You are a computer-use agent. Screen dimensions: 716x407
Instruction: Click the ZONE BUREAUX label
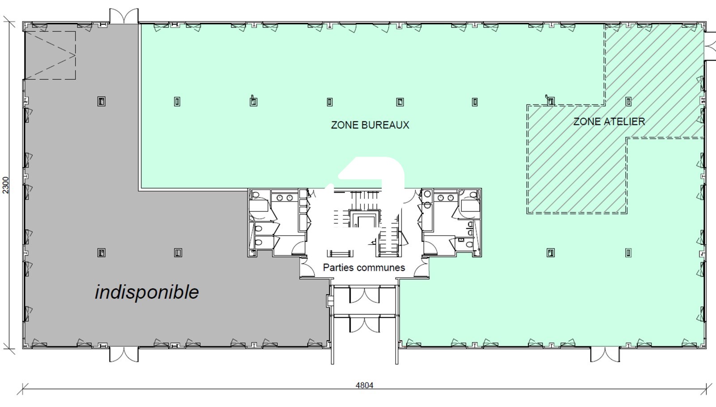pos(370,124)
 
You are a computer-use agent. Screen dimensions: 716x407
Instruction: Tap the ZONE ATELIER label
pos(609,121)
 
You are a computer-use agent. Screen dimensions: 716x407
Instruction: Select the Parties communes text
pos(364,267)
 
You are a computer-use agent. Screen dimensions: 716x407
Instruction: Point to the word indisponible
pos(147,292)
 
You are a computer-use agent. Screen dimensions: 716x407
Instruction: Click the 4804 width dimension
pos(364,385)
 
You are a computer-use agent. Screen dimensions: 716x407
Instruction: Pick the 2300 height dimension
pos(6,185)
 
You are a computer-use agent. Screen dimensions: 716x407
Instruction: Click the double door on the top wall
pos(124,16)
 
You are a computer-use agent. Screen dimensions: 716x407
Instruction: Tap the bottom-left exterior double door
pos(124,354)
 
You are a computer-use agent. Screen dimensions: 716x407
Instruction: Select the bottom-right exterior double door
pos(605,354)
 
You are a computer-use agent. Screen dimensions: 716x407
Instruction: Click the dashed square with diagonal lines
pos(50,56)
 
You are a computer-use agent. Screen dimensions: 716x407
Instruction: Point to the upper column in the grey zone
pos(101,102)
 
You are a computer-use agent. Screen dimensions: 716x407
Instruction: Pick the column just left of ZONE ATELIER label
pos(550,102)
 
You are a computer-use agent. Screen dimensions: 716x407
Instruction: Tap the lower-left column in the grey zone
pos(101,253)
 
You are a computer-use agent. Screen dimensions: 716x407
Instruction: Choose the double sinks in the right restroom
pos(445,197)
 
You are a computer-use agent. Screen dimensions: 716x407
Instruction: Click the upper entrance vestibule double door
pos(364,295)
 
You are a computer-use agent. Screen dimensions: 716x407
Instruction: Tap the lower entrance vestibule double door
pos(364,324)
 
